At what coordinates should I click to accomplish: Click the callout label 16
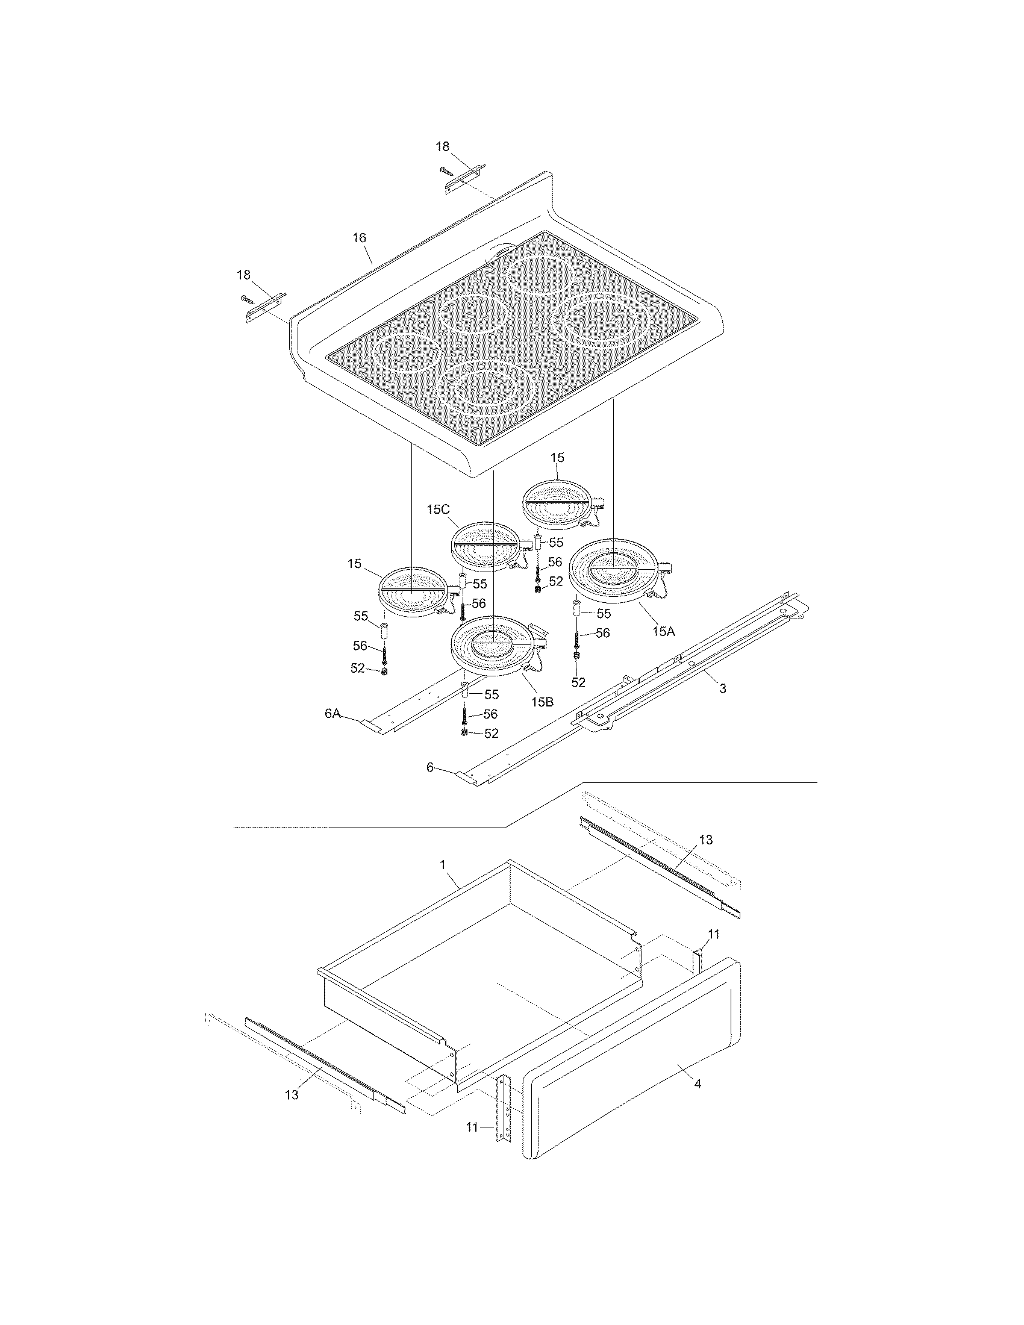(360, 238)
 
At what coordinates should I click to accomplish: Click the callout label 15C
(437, 509)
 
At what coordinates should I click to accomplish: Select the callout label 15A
(663, 631)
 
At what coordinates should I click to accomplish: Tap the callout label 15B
(542, 702)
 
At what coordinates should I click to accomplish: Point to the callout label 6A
(332, 714)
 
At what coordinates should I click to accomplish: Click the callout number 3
(722, 688)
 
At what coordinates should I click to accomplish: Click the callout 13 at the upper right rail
(705, 840)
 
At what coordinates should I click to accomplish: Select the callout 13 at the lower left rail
(292, 1095)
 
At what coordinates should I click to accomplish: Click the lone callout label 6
(430, 767)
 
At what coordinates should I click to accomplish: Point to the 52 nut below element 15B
(464, 734)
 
